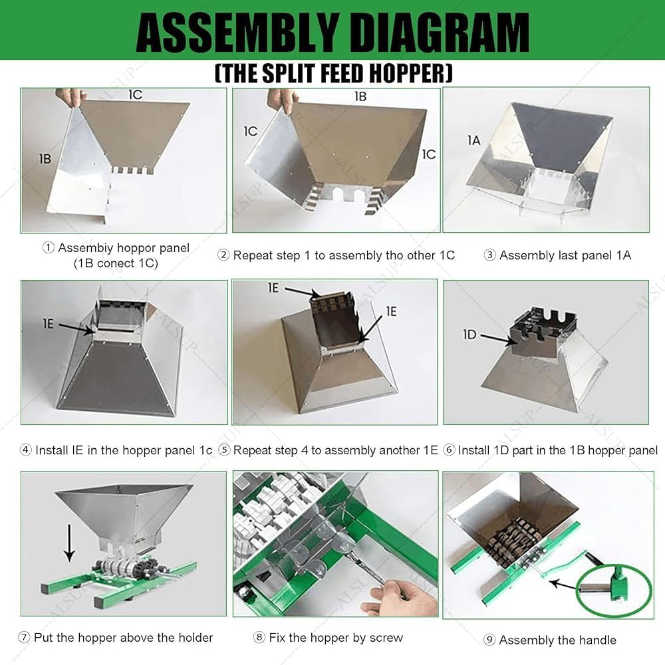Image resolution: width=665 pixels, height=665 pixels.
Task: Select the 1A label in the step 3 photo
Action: pos(473,140)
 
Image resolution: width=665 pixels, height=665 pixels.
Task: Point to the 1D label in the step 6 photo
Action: pos(470,334)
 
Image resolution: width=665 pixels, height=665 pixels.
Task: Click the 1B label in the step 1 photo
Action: pos(45,159)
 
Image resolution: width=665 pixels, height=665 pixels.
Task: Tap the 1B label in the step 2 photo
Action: pos(360,96)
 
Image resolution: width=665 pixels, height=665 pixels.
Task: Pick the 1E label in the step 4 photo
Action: pos(48,324)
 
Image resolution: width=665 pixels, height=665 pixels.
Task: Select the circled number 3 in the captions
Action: pos(489,255)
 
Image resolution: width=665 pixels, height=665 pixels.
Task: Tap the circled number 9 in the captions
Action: pos(489,640)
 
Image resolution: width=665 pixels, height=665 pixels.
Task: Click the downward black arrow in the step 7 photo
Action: pos(70,543)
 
